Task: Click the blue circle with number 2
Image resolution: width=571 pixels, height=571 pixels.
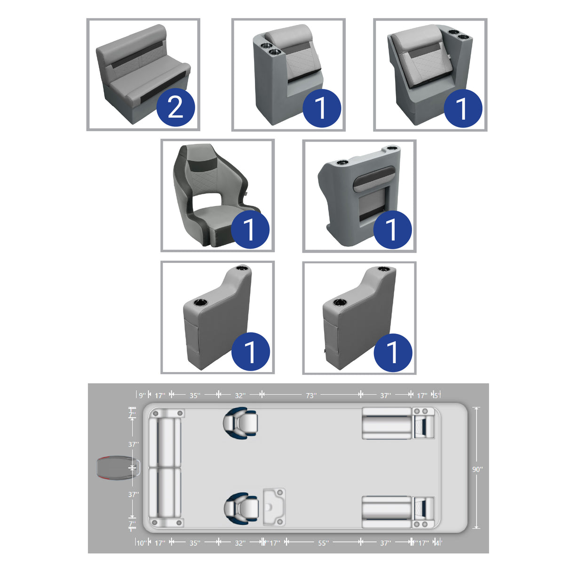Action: tap(175, 108)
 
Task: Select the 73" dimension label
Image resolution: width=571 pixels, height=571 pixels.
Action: tap(311, 396)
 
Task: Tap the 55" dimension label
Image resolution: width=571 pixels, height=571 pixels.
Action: tap(323, 543)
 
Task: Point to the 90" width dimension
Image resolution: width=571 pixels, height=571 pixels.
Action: tap(477, 469)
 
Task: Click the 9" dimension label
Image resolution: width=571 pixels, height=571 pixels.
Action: tap(142, 396)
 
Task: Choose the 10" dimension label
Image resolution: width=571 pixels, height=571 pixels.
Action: tap(141, 543)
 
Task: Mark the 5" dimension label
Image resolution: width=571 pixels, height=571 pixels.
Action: tap(436, 396)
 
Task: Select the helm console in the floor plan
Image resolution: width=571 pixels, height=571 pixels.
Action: tap(274, 507)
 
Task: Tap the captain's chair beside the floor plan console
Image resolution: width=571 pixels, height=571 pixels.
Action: tap(241, 508)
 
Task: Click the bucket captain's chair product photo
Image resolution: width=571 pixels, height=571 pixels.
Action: tap(217, 195)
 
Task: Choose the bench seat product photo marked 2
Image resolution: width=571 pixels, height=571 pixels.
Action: tap(143, 74)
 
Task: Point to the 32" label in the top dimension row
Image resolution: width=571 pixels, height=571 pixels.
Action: tap(240, 396)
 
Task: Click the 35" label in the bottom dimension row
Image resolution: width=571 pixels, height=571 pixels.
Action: tap(195, 543)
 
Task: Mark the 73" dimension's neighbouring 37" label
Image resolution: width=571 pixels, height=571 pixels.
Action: tap(385, 396)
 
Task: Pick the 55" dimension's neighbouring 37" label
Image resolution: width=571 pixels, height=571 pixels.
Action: tap(385, 543)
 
